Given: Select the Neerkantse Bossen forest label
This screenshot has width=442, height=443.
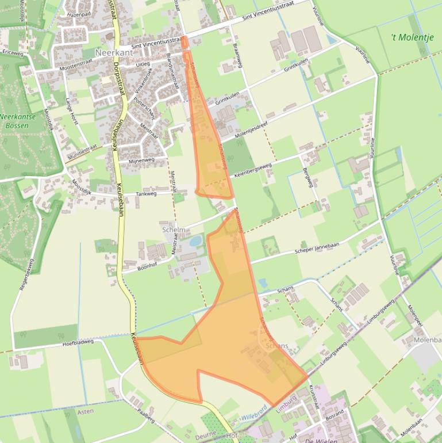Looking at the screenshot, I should click(x=17, y=120).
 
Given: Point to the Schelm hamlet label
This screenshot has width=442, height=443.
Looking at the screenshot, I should click(x=174, y=230).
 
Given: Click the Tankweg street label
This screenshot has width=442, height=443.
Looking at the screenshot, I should click(x=146, y=194).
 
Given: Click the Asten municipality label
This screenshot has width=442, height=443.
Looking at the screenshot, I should click(x=85, y=411).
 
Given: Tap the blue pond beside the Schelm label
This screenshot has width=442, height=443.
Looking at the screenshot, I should click(x=195, y=240).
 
